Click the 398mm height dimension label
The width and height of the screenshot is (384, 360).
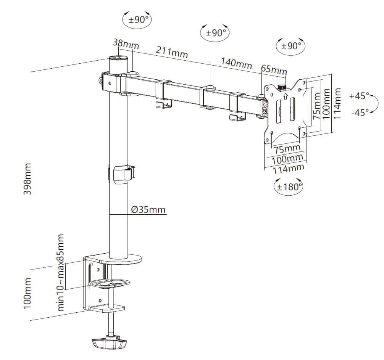point(27,179)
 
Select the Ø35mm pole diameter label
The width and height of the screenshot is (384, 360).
point(148,210)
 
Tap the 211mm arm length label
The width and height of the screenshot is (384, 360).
point(172,52)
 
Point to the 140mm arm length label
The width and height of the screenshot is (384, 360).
point(236,63)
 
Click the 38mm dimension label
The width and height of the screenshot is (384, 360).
point(126,44)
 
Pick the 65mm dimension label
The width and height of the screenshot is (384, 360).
point(274,69)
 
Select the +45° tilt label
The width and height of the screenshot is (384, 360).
point(359,96)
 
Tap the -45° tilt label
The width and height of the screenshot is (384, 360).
point(360,112)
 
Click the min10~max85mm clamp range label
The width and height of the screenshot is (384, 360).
point(61,273)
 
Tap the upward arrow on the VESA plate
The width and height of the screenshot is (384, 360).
point(285,96)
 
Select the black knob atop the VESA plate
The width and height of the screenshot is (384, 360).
point(282,87)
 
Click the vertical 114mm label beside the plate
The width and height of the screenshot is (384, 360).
point(337,103)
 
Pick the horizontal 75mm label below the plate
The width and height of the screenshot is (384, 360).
point(287,149)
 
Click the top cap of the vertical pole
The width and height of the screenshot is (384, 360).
point(119,58)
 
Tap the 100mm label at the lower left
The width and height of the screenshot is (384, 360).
point(27,293)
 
